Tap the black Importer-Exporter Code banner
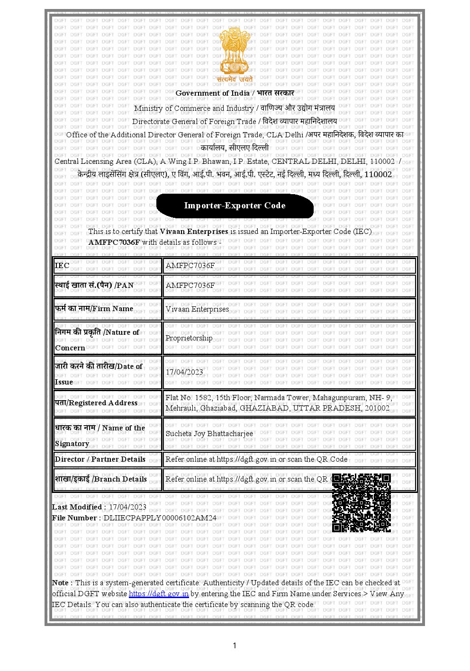point(235,206)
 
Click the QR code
point(362,502)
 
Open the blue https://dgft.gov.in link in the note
point(159,594)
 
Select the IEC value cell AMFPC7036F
point(190,266)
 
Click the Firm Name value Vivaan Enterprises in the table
point(197,309)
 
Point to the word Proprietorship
point(189,338)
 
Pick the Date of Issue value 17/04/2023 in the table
point(184,372)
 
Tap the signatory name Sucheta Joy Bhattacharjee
point(209,434)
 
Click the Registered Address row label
point(96,403)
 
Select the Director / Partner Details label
point(100,459)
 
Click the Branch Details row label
point(101,479)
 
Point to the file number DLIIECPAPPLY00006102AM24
point(160,518)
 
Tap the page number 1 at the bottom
point(235,645)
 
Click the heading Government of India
point(212,93)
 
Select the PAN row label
point(94,286)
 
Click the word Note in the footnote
point(61,583)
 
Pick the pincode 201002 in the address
point(377,408)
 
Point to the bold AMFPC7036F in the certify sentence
point(114,242)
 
